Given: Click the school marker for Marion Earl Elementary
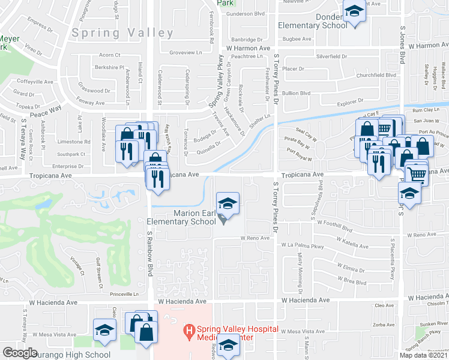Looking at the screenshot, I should coord(228,204).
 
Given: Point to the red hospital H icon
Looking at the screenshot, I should coord(188,329).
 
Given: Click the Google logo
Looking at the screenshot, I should coord(20,353).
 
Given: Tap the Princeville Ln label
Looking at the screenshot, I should coord(128,294).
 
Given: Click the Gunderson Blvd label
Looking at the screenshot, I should coord(243,13).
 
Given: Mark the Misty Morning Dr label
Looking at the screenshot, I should coord(301,267).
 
